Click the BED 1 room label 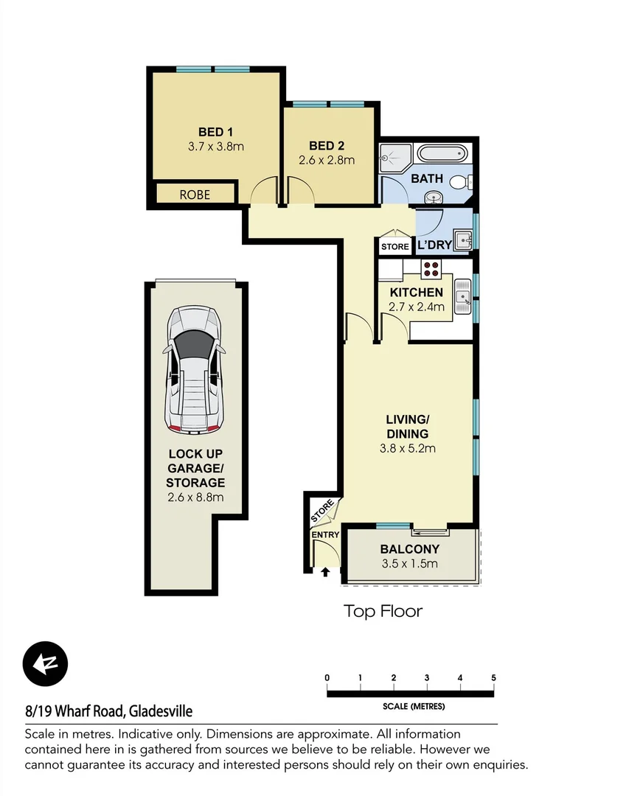click(216, 132)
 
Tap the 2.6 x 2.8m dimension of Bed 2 click(327, 160)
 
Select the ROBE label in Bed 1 click(195, 195)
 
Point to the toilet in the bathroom click(462, 182)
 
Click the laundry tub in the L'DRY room click(463, 240)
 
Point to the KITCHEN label click(417, 293)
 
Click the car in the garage click(195, 369)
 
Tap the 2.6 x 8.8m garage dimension click(195, 497)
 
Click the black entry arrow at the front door click(325, 571)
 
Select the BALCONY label click(409, 549)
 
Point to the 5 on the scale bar click(493, 678)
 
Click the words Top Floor click(383, 611)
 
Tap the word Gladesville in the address click(161, 711)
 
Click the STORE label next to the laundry click(395, 246)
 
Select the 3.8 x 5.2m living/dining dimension click(407, 448)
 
